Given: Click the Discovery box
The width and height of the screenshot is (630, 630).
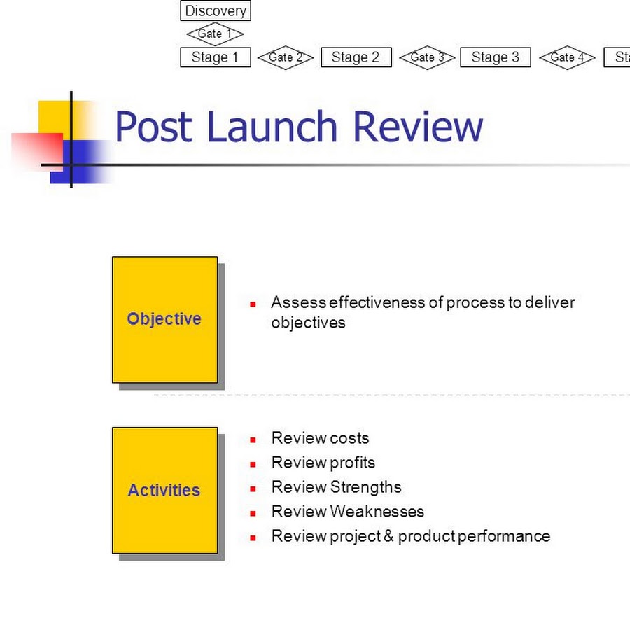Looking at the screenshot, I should click(x=216, y=11).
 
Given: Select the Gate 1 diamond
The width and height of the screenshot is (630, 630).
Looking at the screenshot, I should click(x=215, y=34).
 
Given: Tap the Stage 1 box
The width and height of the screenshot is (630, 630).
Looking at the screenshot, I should click(x=216, y=57).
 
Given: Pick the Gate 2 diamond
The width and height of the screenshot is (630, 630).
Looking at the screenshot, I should click(x=286, y=57).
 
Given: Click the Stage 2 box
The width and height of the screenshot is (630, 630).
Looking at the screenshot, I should click(x=356, y=57).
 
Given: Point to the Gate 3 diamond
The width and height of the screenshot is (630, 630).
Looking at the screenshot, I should click(x=427, y=57).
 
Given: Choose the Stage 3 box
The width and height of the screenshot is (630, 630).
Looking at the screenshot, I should click(x=496, y=57).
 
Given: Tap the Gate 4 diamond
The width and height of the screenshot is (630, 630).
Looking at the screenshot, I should click(x=567, y=57).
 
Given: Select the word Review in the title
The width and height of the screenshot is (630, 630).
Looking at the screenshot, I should click(x=418, y=127).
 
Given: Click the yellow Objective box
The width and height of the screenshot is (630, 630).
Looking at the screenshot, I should click(x=164, y=319).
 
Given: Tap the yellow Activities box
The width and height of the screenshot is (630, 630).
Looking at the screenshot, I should click(x=164, y=490).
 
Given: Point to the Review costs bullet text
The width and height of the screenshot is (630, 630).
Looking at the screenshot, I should click(x=320, y=438).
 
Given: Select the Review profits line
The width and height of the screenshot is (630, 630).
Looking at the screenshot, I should click(x=323, y=463).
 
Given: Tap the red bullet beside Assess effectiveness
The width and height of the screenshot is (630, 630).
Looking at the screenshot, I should click(x=253, y=304).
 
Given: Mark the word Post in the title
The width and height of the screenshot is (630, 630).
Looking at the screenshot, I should click(x=153, y=127).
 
